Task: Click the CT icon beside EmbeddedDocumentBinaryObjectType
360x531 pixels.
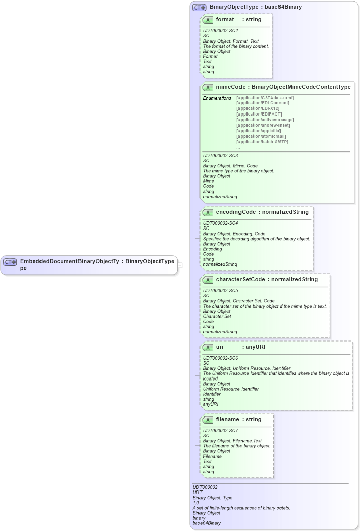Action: point(10,262)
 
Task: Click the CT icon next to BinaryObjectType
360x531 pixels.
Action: point(199,7)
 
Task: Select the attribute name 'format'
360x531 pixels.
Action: point(225,19)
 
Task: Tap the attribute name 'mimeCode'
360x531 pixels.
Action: point(230,87)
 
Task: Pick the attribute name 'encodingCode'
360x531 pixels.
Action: point(235,212)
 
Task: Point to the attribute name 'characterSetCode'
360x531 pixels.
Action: point(240,279)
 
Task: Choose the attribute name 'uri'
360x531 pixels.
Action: point(220,347)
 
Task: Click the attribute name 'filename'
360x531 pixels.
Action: point(227,419)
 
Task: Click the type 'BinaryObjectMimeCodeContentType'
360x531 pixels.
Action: point(301,87)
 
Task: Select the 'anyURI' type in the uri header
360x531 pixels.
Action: point(256,347)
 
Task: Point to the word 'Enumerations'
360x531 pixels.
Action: point(217,98)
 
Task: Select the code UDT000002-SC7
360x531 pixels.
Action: point(220,430)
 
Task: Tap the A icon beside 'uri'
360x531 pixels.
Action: point(208,347)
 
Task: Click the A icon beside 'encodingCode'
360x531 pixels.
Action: point(208,212)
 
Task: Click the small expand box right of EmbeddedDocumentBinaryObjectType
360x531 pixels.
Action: point(180,265)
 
